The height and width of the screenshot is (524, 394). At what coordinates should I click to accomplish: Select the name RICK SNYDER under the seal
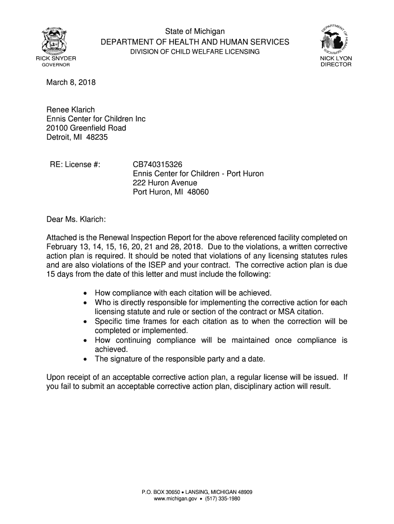(56, 58)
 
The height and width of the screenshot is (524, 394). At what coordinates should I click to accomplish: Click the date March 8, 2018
(71, 82)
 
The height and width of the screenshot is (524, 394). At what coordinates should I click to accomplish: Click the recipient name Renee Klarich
(71, 110)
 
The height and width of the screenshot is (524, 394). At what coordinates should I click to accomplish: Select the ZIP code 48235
(98, 137)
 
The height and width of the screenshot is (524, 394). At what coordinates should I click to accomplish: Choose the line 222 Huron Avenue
(165, 183)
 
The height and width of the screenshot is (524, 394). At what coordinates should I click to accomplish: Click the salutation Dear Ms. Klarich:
(76, 220)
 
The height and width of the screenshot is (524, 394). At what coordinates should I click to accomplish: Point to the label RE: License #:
(75, 164)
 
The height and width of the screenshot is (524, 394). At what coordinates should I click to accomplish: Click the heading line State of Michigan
(195, 32)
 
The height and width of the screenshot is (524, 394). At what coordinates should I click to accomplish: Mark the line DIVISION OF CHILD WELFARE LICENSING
(194, 52)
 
